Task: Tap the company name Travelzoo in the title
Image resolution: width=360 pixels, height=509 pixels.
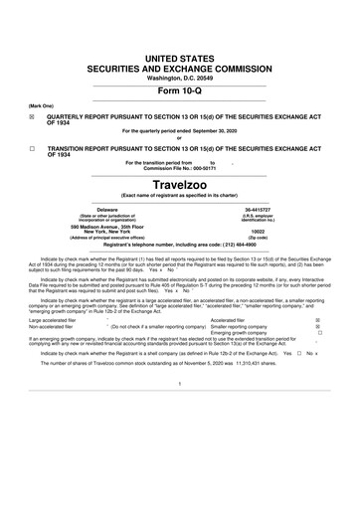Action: click(179, 185)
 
